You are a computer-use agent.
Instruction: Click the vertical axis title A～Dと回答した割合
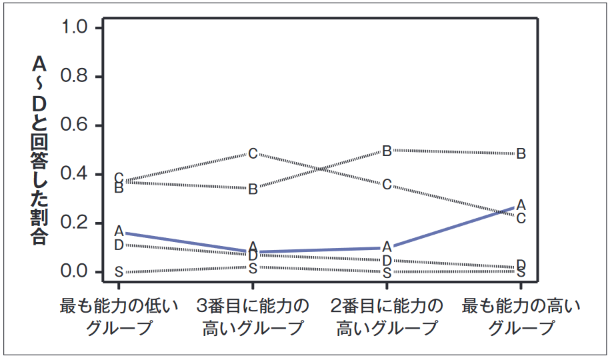coord(39,150)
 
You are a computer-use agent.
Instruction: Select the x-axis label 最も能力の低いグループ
coord(119,317)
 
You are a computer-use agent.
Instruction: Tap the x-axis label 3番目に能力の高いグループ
coord(253,317)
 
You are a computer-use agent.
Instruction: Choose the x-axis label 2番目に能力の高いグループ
coord(387,317)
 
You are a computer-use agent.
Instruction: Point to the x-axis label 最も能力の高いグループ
coord(521,317)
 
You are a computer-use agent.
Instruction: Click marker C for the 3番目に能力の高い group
coord(253,154)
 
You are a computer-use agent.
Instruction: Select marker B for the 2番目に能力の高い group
coord(387,151)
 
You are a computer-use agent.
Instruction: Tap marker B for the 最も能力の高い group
coord(521,154)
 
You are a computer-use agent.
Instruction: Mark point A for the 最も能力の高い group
coord(521,204)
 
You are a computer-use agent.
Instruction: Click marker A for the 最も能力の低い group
coord(119,231)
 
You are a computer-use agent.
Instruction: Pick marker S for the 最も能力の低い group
coord(119,272)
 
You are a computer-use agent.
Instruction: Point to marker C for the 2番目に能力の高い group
coord(387,184)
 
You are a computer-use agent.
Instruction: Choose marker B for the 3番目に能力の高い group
coord(253,189)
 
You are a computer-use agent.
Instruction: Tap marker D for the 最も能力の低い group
coord(119,245)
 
